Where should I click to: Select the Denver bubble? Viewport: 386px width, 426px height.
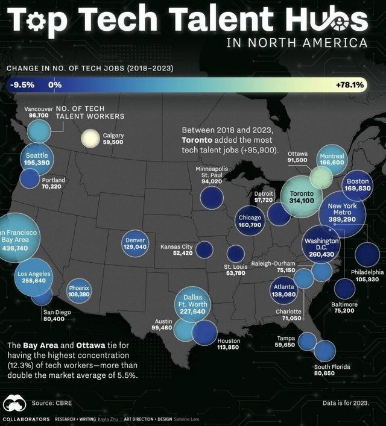(x=134, y=244)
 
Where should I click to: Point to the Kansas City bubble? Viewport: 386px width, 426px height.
(x=204, y=249)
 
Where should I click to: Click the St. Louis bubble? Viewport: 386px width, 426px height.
(x=235, y=253)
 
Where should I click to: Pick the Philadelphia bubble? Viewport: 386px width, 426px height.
(x=366, y=254)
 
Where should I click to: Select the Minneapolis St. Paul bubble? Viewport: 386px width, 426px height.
(x=212, y=196)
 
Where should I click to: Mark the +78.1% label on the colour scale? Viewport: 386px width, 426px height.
(x=349, y=85)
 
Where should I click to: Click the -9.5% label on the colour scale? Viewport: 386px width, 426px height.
(x=22, y=85)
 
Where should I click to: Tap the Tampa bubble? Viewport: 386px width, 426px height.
(x=306, y=341)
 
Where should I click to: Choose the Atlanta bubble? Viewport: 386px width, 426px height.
(x=283, y=292)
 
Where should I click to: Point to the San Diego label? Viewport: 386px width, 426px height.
(x=57, y=312)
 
